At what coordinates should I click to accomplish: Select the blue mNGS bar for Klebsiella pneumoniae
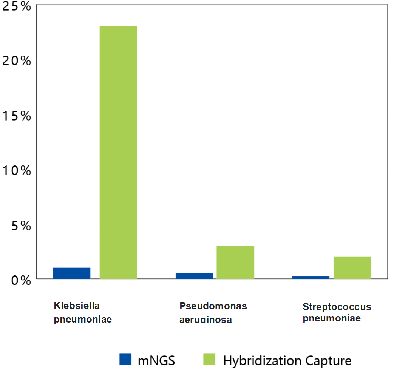pos(72,273)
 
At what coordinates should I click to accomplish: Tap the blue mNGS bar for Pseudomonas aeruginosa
pos(194,276)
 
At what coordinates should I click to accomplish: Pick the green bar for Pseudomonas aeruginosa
pos(235,262)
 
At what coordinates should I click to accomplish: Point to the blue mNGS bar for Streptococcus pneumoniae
pos(310,277)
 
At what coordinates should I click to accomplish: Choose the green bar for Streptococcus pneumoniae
pos(352,268)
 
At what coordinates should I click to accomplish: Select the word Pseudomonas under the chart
pos(213,306)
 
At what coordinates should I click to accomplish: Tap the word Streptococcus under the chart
pos(337,307)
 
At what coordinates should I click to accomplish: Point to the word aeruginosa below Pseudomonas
pos(205,320)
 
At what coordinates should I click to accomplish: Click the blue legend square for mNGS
pos(125,359)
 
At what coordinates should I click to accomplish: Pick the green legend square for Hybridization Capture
pos(209,359)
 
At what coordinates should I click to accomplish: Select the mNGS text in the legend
pos(156,361)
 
